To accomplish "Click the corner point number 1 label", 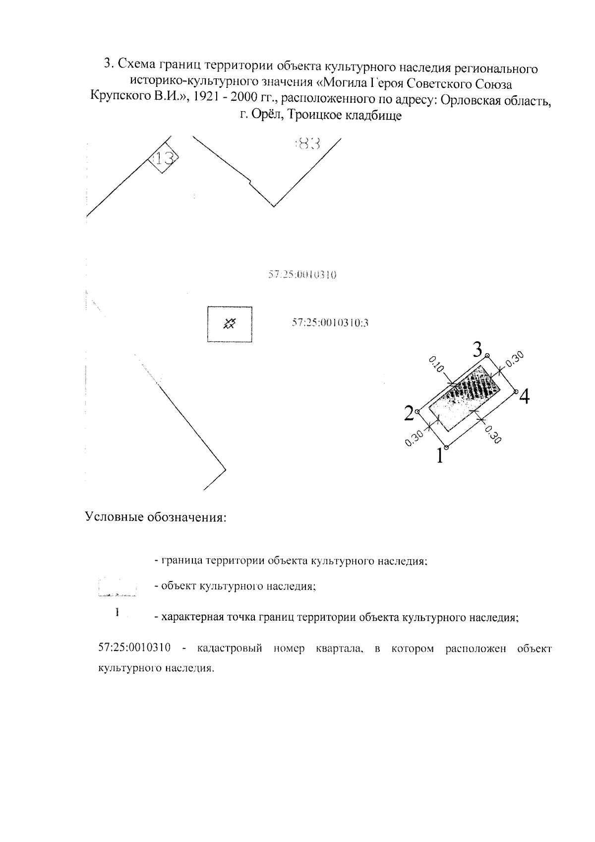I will [x=439, y=455].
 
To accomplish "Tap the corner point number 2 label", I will [x=409, y=413].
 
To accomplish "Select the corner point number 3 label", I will [x=477, y=350].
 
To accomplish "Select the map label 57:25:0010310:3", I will [x=330, y=324].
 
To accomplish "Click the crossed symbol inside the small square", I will [x=229, y=324].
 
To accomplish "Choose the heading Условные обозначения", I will [x=156, y=517].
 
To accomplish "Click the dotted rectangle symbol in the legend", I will [x=118, y=586].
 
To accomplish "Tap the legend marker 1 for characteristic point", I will [x=117, y=612].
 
